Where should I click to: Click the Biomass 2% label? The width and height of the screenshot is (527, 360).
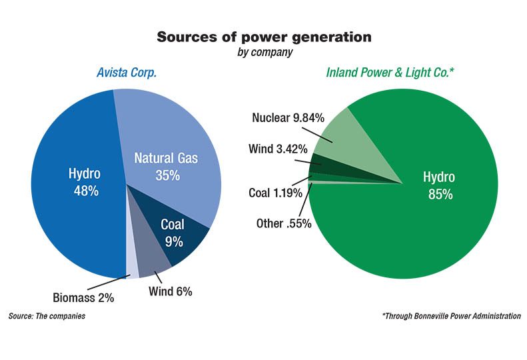coord(83,298)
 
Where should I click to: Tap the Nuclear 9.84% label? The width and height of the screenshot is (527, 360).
coord(288,118)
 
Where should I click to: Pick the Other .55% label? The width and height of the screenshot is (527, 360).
coord(284,223)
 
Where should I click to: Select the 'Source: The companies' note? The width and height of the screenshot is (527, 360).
coord(47,315)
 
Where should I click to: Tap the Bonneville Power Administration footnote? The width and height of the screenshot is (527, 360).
coord(451,315)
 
